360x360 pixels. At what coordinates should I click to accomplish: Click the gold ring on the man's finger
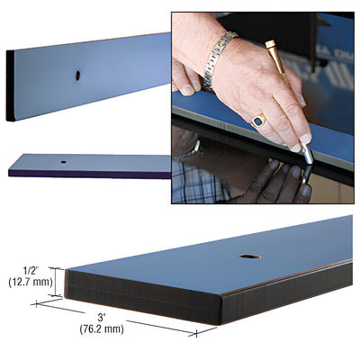pos(257,121)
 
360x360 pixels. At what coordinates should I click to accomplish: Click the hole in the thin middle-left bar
pos(64,162)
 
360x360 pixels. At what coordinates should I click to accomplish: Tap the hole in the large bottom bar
pos(249,256)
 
